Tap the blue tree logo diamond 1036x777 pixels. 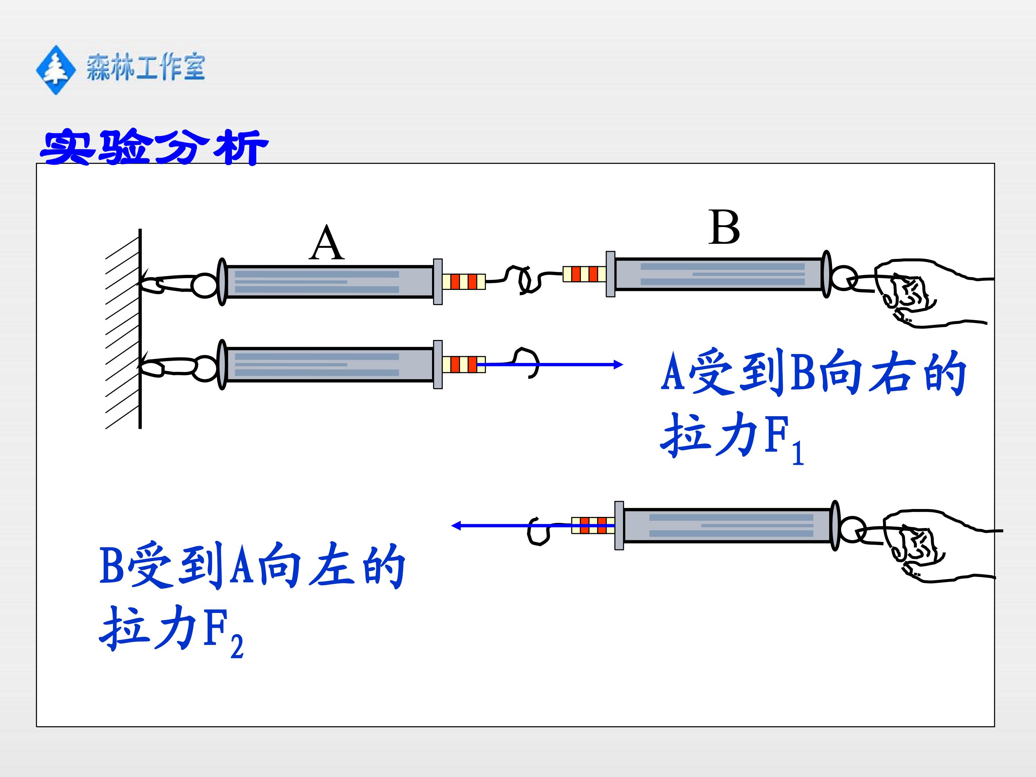click(56, 70)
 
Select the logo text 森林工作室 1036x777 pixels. click(146, 67)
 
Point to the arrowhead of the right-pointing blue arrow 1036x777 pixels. click(618, 364)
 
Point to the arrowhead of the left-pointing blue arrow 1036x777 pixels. click(456, 526)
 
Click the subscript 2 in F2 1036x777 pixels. click(237, 646)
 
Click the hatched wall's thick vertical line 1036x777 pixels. click(140, 329)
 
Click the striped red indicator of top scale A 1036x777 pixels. click(464, 281)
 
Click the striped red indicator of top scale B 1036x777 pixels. click(584, 273)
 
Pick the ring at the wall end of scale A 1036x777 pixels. click(205, 285)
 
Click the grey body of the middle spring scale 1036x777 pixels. click(329, 365)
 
